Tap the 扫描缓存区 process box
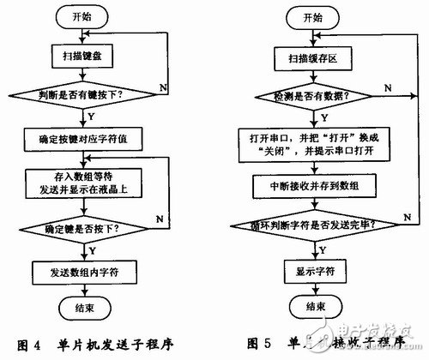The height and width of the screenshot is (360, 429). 312,61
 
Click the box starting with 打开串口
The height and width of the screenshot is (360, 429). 312,142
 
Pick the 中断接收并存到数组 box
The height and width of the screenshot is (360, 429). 312,184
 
